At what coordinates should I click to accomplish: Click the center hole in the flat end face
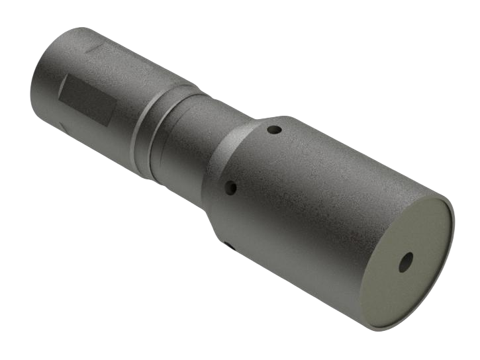point(405,261)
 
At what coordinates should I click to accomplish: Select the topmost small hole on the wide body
point(273,130)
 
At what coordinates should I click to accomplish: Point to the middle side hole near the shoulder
point(231,189)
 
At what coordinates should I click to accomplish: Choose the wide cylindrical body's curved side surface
point(318,199)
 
